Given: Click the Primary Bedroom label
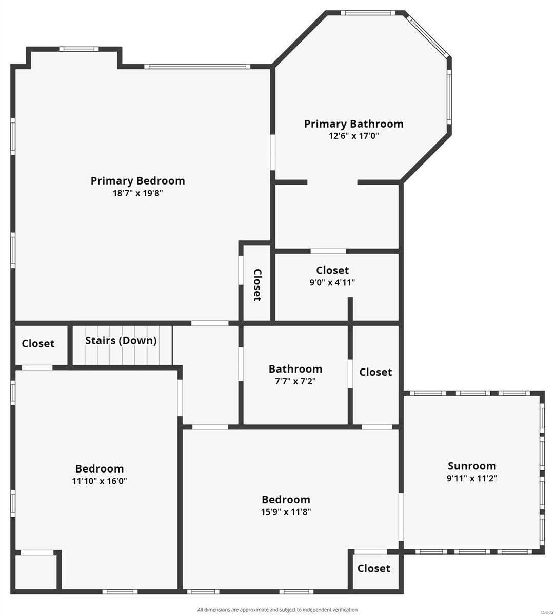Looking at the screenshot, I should tap(137, 180).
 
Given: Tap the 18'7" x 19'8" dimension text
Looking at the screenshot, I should tap(137, 193).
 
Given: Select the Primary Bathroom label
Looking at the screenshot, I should tap(353, 124).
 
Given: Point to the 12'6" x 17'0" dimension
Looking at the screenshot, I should tap(353, 136).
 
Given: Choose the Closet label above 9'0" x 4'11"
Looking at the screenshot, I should tap(332, 270).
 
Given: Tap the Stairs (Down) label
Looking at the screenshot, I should tap(121, 340).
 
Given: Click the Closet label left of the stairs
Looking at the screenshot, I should tap(38, 343).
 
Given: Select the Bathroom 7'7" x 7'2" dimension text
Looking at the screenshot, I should tap(295, 381).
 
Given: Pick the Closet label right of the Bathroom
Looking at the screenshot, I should tap(375, 372).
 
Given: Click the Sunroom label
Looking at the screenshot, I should tap(472, 466).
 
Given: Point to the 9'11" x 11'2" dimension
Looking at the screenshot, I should tap(472, 478).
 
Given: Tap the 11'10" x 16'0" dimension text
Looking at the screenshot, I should tap(100, 481).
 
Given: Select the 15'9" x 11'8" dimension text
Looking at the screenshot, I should tap(286, 511).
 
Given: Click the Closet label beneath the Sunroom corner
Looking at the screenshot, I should tap(374, 568).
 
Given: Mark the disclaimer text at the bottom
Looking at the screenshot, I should tap(278, 610).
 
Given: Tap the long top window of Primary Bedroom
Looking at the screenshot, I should tap(197, 66).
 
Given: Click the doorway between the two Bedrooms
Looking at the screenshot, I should tap(180, 398).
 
